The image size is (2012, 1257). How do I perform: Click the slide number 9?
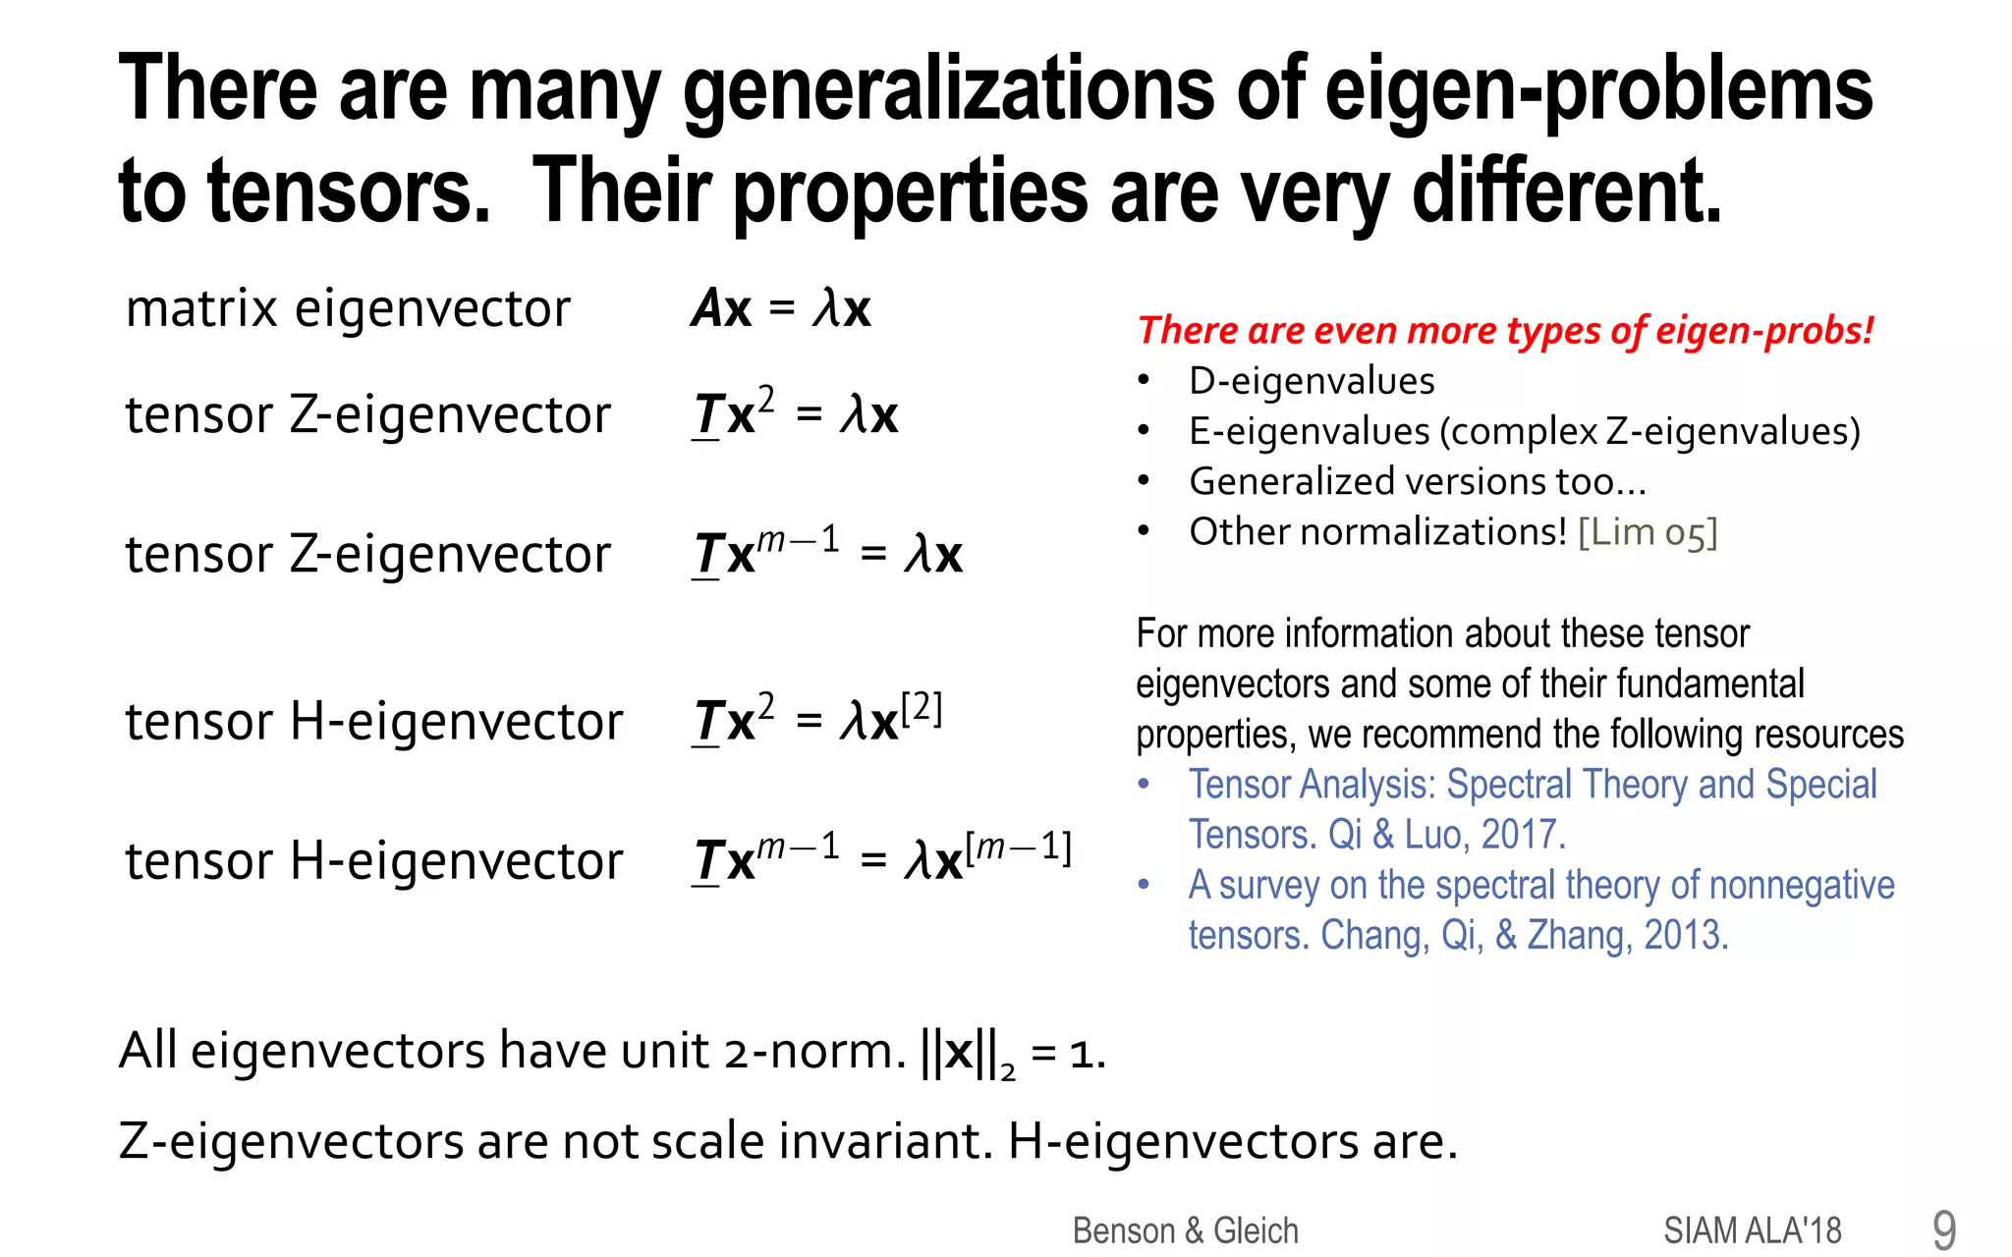[x=1943, y=1230]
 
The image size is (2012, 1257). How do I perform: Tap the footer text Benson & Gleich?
[x=1185, y=1230]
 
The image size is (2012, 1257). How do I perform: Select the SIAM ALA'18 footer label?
[x=1752, y=1230]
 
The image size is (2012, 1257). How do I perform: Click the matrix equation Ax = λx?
[x=781, y=309]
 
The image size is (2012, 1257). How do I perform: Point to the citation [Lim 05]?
[x=1648, y=532]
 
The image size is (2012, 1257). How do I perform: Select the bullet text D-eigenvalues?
[x=1312, y=381]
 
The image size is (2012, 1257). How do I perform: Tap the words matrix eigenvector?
[x=348, y=309]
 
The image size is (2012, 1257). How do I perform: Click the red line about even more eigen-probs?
[x=1505, y=331]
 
